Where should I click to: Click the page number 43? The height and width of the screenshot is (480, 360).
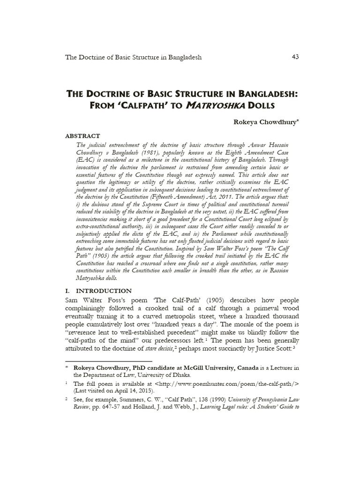tap(295, 57)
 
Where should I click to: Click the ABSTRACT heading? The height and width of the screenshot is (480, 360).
tap(82, 136)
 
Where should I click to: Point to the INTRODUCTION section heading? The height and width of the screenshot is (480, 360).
tap(104, 291)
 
